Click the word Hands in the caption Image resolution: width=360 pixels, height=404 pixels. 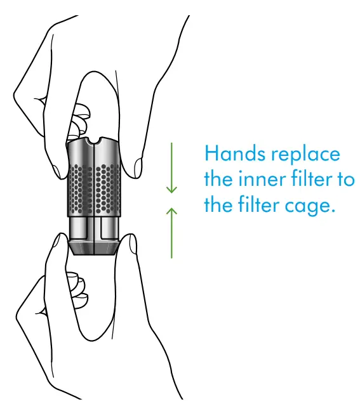pos(235,153)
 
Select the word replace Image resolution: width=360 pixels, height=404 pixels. pos(305,155)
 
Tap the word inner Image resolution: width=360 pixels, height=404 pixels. pos(262,179)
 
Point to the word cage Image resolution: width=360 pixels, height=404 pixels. pos(310,207)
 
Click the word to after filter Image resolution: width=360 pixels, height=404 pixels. pos(345,179)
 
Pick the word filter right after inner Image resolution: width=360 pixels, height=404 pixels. pos(311,179)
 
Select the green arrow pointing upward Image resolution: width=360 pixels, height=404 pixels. pos(171,233)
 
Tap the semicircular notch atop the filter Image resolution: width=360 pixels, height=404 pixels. pos(94,141)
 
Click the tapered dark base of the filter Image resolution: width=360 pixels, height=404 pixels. pos(95,247)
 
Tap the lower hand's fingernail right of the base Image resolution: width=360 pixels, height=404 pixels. pos(133,245)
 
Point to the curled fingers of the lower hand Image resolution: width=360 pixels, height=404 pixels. pos(77,290)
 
